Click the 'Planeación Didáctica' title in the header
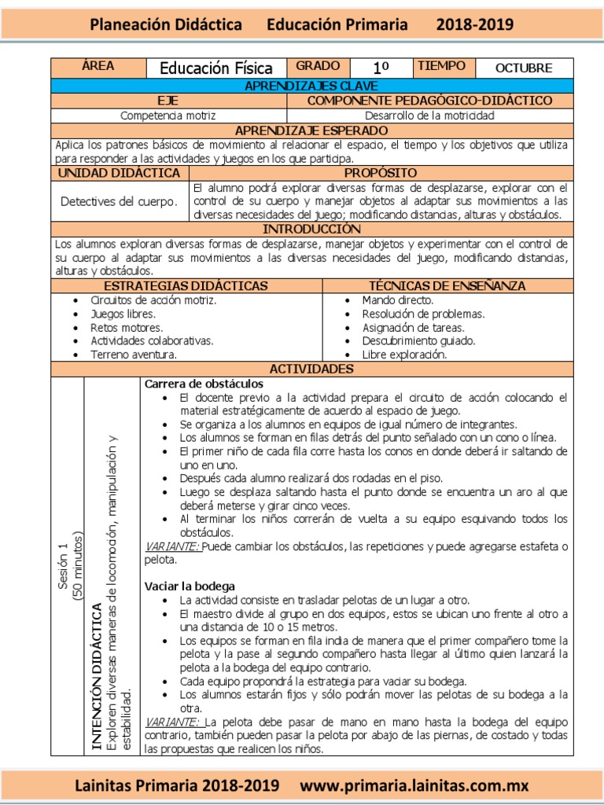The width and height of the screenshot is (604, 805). pos(166,25)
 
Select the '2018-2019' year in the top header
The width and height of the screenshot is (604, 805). pos(476,25)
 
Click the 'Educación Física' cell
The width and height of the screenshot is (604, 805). pos(216,68)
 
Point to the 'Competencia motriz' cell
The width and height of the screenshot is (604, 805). pos(168,116)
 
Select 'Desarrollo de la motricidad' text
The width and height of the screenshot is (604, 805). pos(429,116)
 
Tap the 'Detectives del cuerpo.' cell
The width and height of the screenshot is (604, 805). pos(120,201)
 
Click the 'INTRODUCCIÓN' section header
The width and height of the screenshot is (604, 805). pos(311,229)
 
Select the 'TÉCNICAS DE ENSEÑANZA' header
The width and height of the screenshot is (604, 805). pos(447,286)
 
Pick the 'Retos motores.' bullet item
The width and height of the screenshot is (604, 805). pos(127,327)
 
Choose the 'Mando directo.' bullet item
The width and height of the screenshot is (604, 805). pos(397,300)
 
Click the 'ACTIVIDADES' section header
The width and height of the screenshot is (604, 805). pos(311,369)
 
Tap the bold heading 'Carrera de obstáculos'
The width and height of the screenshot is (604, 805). pos(203,384)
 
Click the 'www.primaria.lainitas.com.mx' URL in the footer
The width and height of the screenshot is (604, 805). pos(414,785)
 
